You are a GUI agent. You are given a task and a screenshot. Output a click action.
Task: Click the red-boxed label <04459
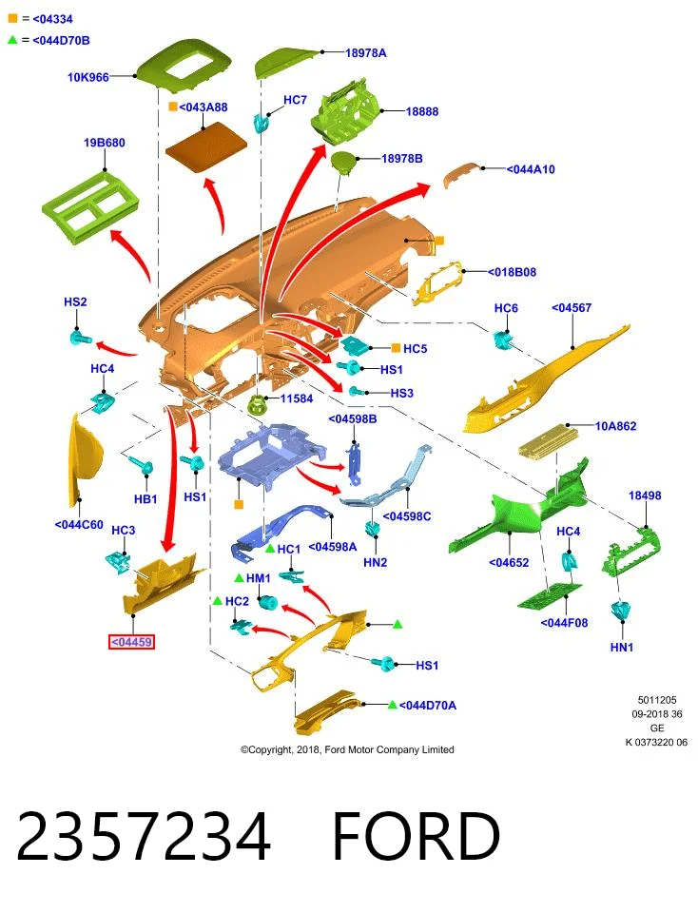(131, 642)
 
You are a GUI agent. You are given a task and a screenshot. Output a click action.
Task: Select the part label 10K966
(87, 77)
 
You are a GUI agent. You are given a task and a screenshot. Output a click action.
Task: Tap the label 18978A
(365, 53)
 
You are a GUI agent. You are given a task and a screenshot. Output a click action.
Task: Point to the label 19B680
(105, 143)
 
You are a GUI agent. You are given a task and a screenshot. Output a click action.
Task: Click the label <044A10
(531, 169)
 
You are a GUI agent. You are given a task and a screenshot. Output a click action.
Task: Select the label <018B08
(512, 272)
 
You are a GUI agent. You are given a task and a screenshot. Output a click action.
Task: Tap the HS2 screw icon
(80, 338)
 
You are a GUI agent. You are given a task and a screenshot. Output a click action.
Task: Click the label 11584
(297, 398)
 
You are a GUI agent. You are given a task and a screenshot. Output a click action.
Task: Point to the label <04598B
(352, 418)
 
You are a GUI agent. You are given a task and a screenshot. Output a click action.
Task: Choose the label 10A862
(615, 426)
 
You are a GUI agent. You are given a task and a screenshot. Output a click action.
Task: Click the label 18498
(645, 495)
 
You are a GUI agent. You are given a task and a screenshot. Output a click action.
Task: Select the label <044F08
(564, 622)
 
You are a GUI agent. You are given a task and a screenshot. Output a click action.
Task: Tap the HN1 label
(622, 647)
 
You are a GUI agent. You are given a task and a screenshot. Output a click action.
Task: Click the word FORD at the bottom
(417, 836)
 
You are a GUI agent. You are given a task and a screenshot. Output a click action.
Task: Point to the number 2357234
(144, 836)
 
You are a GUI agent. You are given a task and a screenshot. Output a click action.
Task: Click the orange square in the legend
(12, 19)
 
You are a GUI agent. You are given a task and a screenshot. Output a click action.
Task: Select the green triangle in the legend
(12, 40)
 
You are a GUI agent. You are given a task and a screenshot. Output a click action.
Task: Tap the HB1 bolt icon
(143, 465)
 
